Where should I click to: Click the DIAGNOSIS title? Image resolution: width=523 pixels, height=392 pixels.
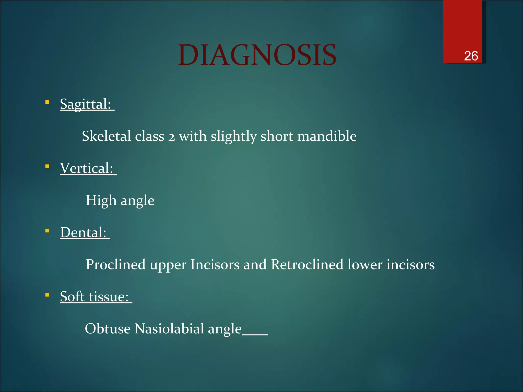(257, 55)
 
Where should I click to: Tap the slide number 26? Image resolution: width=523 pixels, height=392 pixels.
(471, 56)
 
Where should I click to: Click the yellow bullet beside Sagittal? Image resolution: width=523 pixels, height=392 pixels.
(47, 102)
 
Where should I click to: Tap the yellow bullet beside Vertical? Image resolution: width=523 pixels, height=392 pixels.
(47, 167)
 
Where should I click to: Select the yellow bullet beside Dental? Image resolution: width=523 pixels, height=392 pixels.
(47, 231)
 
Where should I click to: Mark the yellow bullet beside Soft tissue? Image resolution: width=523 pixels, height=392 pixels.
(47, 295)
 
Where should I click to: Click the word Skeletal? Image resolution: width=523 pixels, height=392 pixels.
(106, 136)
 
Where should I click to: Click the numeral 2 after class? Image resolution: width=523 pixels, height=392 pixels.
(172, 137)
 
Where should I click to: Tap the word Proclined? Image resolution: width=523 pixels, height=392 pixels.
(116, 265)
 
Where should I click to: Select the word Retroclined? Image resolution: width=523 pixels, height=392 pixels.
(307, 265)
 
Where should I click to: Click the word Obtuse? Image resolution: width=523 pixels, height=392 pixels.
(108, 329)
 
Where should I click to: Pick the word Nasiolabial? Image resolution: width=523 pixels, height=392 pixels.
(169, 329)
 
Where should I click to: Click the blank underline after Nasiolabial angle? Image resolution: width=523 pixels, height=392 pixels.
(255, 334)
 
